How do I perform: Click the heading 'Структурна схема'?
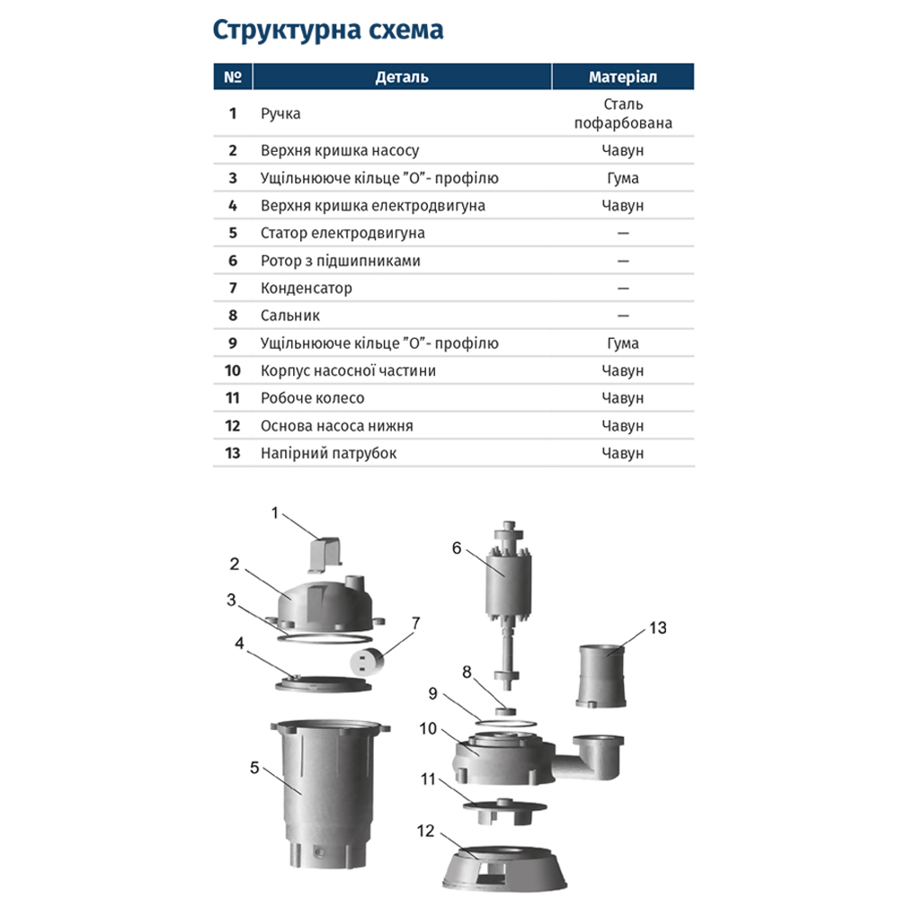click(327, 31)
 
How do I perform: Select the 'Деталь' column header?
click(401, 77)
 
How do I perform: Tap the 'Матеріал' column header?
click(622, 77)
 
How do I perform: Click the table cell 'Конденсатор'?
click(306, 289)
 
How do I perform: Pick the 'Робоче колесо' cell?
click(312, 398)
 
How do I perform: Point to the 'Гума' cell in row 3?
click(622, 178)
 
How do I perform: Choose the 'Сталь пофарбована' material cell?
click(622, 114)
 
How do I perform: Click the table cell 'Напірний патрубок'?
click(328, 453)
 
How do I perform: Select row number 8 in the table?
click(233, 316)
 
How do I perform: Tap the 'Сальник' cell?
click(289, 316)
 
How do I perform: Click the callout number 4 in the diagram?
click(239, 643)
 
